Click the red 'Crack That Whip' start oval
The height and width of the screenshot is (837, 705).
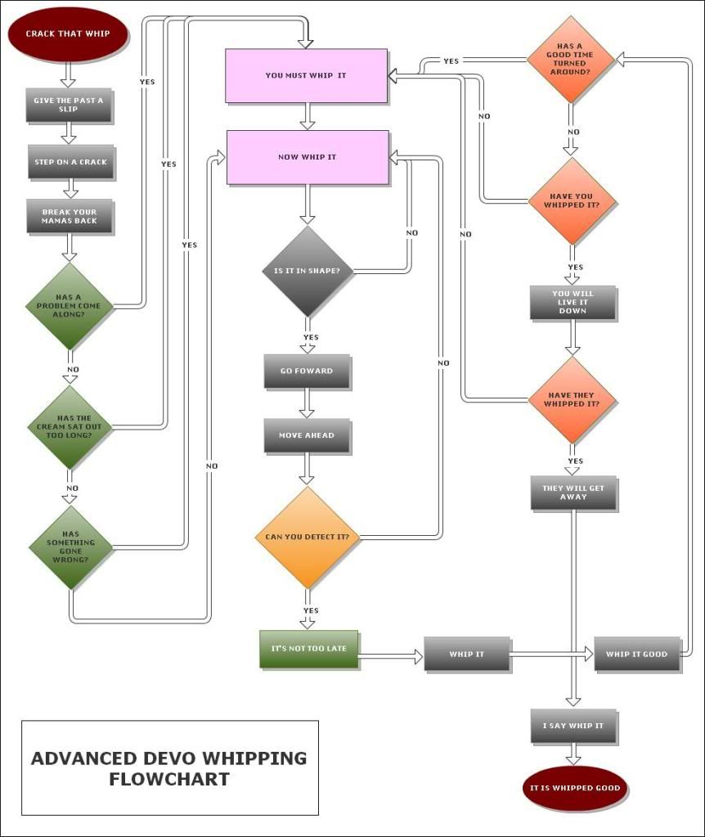click(68, 34)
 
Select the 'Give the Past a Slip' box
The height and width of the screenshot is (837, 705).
click(69, 105)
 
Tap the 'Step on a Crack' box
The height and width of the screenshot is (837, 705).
click(70, 161)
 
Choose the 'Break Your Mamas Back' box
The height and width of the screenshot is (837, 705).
click(70, 216)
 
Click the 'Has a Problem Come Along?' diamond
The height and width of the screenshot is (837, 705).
click(70, 306)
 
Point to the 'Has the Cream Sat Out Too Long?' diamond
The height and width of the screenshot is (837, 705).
click(70, 427)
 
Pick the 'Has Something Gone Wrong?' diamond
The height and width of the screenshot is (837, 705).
click(70, 547)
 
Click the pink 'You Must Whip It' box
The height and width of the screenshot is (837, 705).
click(306, 76)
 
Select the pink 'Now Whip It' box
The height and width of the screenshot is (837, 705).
click(308, 157)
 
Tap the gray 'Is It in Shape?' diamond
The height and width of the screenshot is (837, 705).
click(307, 271)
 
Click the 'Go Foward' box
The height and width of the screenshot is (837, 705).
click(307, 371)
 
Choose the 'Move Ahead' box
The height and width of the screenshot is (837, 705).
click(307, 435)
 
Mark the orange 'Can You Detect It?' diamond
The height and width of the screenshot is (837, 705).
click(307, 537)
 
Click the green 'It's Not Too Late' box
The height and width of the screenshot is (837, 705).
click(309, 649)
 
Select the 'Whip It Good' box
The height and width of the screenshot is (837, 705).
click(636, 654)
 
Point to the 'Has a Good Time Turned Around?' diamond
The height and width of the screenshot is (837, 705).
click(570, 59)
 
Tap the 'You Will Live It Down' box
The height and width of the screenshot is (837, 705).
click(573, 302)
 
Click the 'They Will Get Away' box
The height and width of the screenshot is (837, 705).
click(573, 493)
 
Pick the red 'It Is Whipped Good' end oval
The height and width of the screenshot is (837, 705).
click(575, 788)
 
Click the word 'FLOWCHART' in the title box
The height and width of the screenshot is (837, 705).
click(169, 779)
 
